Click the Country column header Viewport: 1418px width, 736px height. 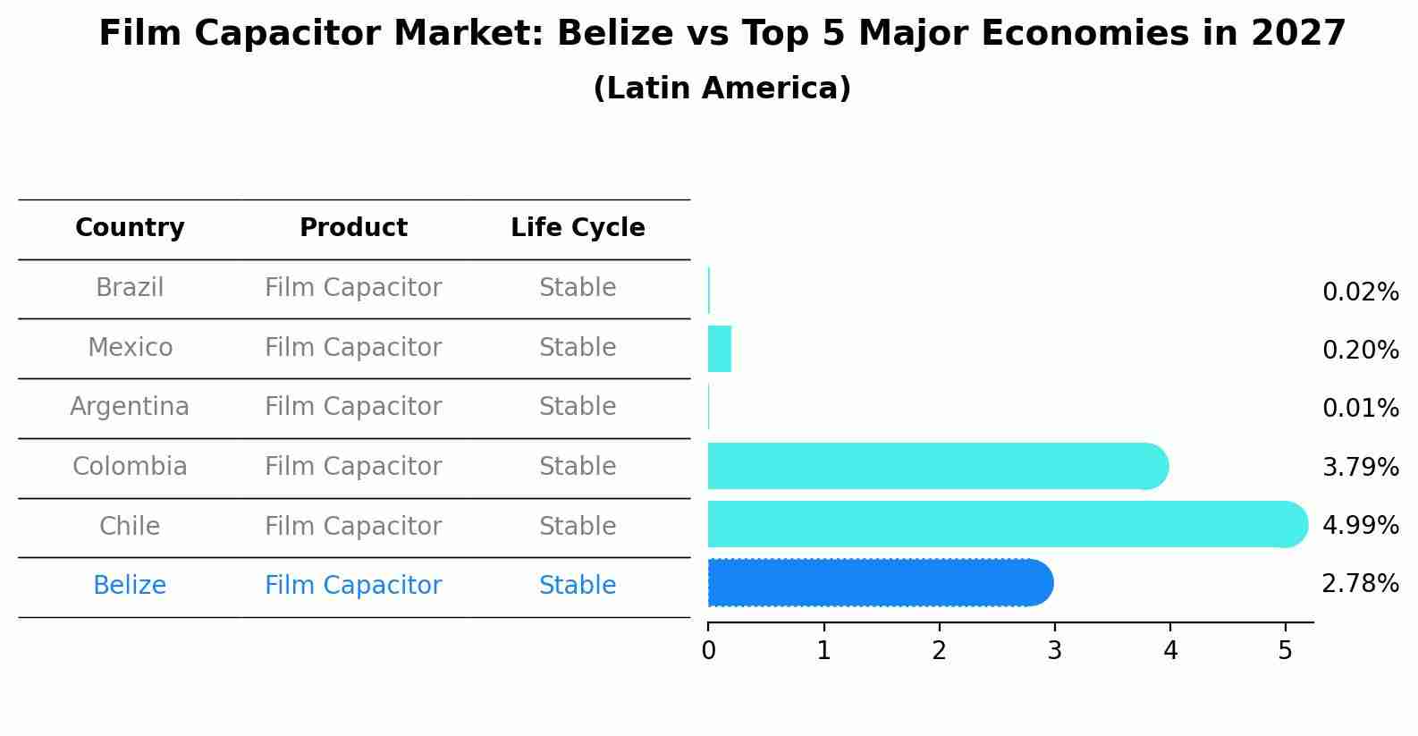[130, 228]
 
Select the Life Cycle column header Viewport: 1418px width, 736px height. [578, 228]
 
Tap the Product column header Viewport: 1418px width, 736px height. [353, 228]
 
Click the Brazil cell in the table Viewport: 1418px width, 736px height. [130, 288]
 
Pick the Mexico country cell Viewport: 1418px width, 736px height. [130, 348]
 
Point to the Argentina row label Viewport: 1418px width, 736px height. [130, 407]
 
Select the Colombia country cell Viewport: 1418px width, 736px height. [130, 467]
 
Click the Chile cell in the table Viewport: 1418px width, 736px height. [130, 527]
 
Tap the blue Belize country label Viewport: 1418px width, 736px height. [130, 586]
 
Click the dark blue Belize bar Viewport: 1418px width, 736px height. [880, 583]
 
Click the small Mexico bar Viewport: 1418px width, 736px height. [720, 349]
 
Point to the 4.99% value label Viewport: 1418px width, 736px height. [1360, 526]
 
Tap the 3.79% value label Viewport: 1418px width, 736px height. [1360, 468]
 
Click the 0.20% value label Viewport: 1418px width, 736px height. [1360, 351]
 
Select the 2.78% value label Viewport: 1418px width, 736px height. [1360, 584]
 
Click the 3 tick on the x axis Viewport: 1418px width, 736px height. [1054, 651]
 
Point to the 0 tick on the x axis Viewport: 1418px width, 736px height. [708, 651]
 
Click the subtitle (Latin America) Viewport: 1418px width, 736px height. [722, 89]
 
